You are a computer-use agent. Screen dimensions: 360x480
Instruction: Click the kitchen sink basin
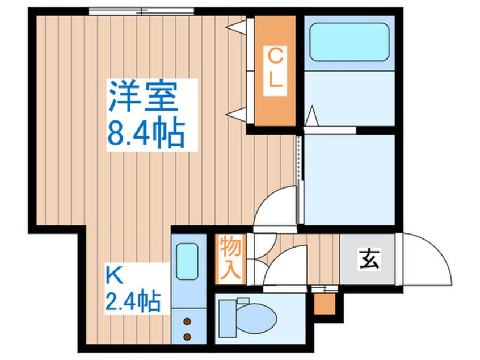[187, 262]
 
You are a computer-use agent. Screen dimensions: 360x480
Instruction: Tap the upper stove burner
[187, 322]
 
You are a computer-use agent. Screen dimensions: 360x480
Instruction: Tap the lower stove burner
[187, 337]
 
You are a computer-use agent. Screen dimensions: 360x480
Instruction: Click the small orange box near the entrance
[326, 304]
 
